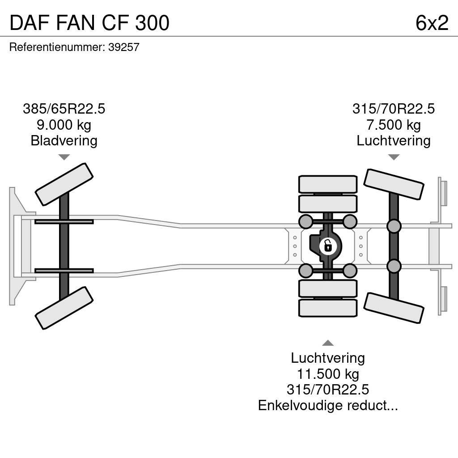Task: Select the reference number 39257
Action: point(124,47)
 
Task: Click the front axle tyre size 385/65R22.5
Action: point(64,109)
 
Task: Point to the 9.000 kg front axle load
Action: point(64,125)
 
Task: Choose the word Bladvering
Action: point(64,141)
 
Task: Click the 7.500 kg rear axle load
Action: point(393,125)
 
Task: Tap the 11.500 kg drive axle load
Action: point(328,373)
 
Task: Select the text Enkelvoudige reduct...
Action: point(328,406)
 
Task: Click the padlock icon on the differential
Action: point(327,246)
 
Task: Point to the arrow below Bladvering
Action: point(64,157)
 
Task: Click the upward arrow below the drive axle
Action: point(328,343)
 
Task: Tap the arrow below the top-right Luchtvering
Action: point(393,157)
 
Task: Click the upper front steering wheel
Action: point(64,184)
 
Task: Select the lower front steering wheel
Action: point(64,308)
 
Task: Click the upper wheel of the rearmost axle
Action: point(394,184)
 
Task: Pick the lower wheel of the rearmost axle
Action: point(394,308)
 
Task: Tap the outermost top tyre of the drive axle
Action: point(328,184)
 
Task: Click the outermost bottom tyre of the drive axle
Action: point(328,308)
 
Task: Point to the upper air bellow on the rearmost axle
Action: point(394,226)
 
